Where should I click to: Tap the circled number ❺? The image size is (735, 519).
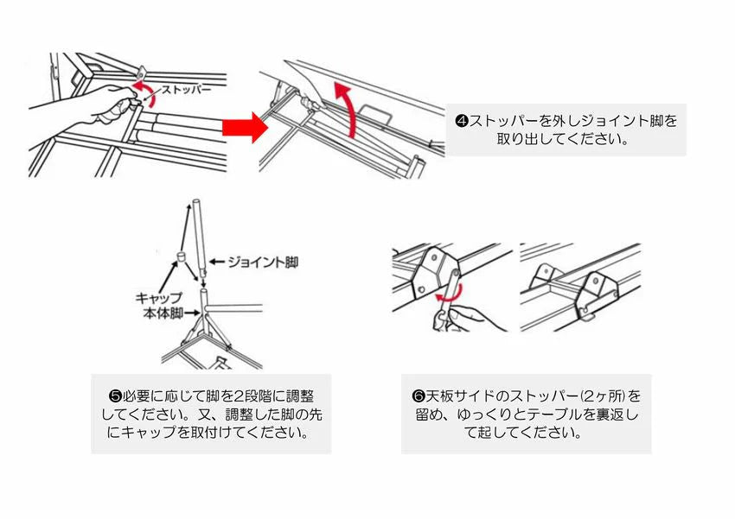click(x=115, y=396)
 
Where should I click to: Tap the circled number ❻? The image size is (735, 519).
click(x=419, y=396)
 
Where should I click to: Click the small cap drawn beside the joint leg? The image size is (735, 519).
click(x=182, y=257)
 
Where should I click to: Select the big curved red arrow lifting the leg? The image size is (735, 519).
click(x=346, y=108)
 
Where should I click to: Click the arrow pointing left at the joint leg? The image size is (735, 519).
click(x=217, y=259)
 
